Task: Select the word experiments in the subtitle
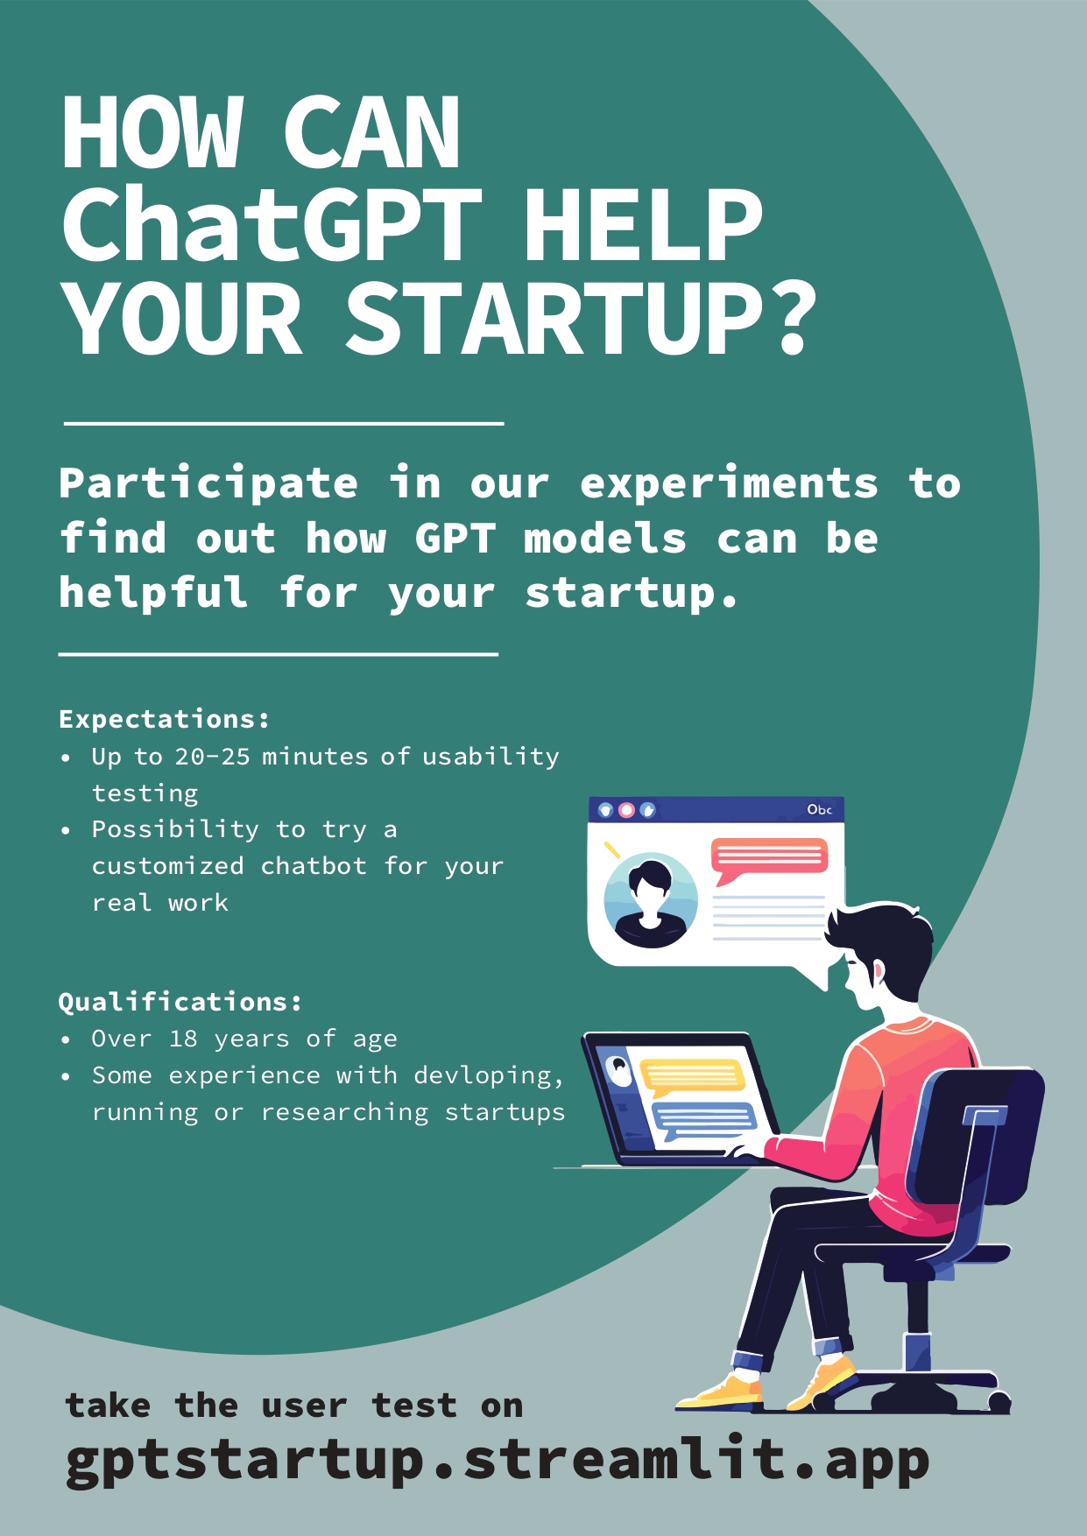click(x=729, y=484)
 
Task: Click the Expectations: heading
click(x=164, y=719)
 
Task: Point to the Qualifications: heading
click(x=180, y=1002)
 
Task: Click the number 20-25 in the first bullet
click(x=213, y=757)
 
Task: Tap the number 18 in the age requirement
click(x=183, y=1039)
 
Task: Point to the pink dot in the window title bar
click(x=626, y=810)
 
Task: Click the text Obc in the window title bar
click(x=819, y=809)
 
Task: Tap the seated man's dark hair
click(x=880, y=941)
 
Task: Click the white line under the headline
click(x=284, y=424)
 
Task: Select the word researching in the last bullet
click(x=345, y=1113)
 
